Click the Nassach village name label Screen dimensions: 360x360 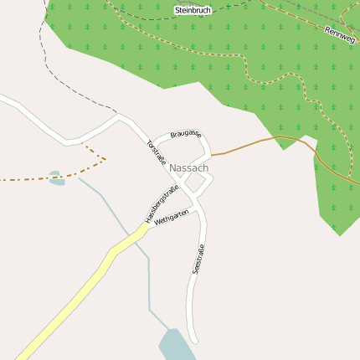[188, 168]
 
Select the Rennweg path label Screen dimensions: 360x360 [341, 34]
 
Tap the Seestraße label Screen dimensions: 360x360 [199, 260]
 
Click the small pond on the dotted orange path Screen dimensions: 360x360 [56, 178]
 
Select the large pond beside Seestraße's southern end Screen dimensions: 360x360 [175, 344]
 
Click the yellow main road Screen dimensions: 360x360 [75, 293]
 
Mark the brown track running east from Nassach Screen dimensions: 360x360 [251, 144]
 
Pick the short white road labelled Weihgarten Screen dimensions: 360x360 [176, 213]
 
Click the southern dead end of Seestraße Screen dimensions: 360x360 [195, 341]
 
